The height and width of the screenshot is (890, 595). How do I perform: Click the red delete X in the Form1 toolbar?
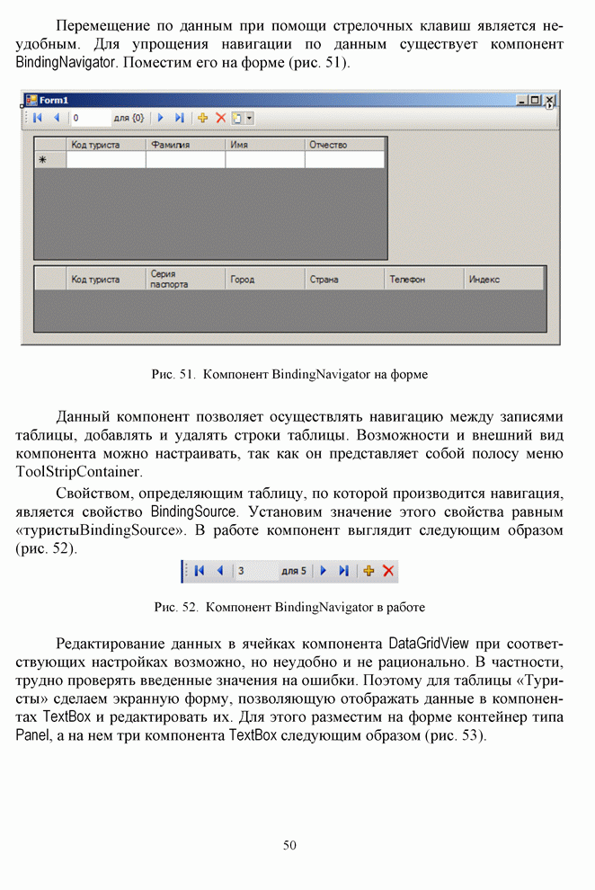point(220,118)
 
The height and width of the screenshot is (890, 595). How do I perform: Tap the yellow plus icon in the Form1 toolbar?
point(203,118)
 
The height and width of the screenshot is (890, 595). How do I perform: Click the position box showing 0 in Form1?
point(89,118)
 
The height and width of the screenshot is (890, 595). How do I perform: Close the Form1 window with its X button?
point(550,101)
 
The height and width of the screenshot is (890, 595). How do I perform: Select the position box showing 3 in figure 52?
point(254,571)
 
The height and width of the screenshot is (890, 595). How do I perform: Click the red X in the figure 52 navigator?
point(388,571)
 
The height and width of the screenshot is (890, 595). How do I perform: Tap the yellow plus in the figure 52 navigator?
point(369,571)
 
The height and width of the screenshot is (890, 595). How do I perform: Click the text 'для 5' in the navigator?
point(293,571)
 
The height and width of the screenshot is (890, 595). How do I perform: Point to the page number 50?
point(289,844)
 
